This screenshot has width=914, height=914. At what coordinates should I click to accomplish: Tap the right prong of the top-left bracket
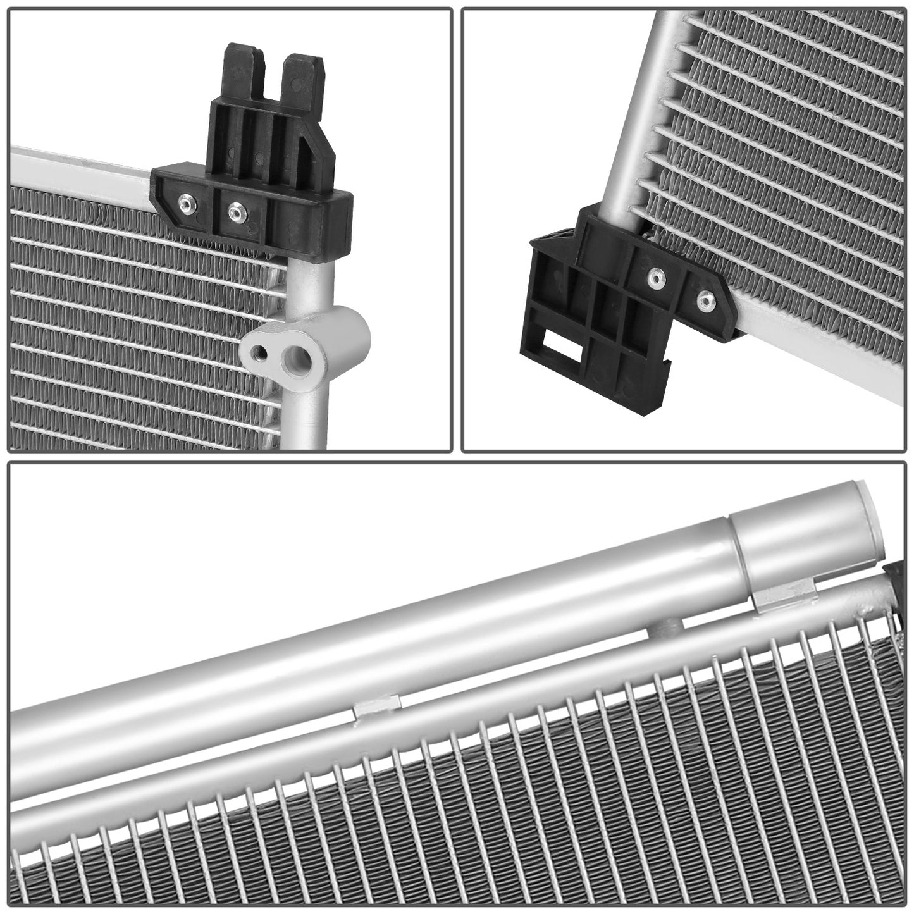click(303, 76)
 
